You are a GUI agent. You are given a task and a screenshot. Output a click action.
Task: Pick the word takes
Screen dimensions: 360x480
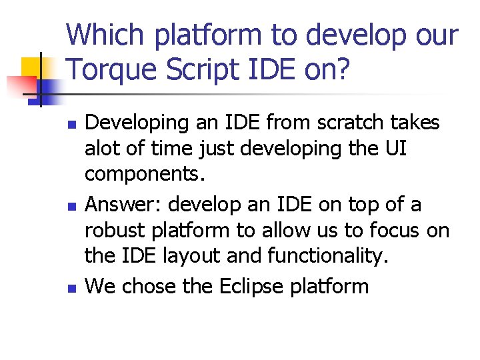(413, 123)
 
